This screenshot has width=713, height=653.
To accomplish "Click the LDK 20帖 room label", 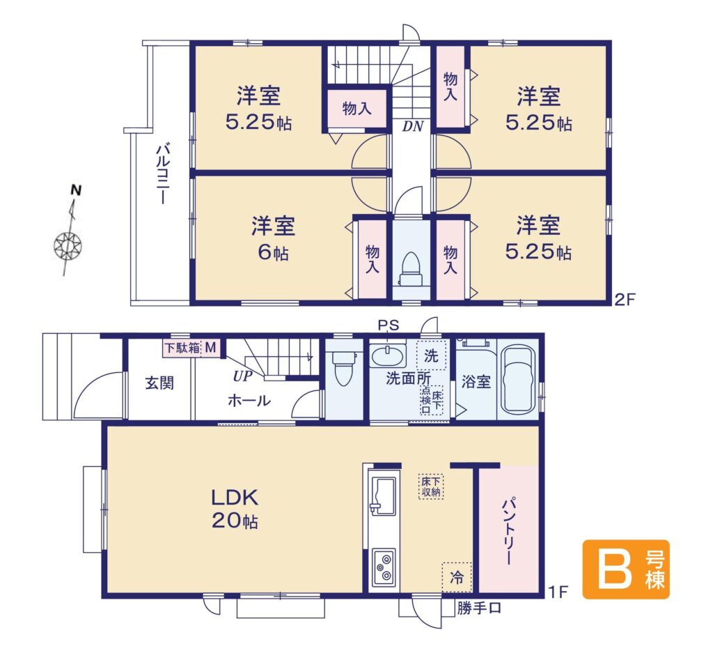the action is [235, 509].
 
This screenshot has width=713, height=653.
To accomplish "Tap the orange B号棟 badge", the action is [626, 569].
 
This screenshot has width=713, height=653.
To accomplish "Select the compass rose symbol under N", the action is [68, 246].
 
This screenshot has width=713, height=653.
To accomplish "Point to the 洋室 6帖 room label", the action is [273, 238].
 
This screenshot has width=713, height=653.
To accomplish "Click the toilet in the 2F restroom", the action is [410, 269].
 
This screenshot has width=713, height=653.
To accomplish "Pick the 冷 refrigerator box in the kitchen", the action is [457, 577].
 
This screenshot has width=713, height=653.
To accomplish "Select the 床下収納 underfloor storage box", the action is [430, 486].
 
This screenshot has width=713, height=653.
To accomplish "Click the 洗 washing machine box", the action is [431, 355].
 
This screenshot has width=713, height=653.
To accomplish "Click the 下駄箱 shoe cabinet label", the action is [182, 348].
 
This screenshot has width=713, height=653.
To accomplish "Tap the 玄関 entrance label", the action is [159, 383].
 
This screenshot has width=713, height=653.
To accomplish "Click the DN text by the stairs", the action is [413, 126].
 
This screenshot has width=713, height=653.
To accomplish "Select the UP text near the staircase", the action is [243, 376].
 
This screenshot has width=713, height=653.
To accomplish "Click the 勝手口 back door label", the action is [479, 608].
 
